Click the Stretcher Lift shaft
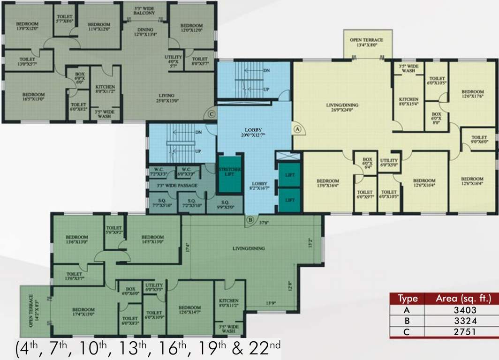[x=230, y=172]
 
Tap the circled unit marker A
[x=297, y=127]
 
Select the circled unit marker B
[x=250, y=219]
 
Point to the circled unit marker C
[x=212, y=113]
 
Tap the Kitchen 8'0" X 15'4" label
[x=408, y=102]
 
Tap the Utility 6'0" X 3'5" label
[x=154, y=287]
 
